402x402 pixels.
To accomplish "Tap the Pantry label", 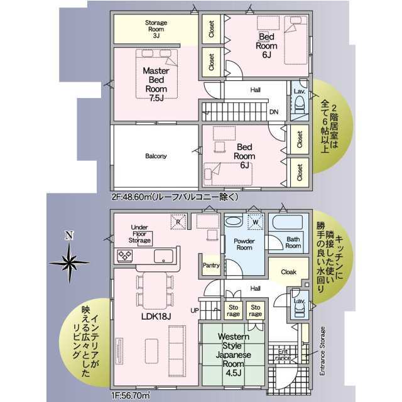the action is tap(211, 265).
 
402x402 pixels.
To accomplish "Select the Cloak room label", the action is tap(288, 272).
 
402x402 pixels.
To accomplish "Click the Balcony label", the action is tap(156, 156).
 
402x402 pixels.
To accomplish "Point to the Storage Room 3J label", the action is tap(156, 29).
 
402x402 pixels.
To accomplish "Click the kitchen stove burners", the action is tap(124, 256).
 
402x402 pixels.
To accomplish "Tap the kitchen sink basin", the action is tap(163, 256).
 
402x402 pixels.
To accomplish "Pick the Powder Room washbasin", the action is tap(233, 221).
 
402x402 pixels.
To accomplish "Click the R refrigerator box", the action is tap(178, 222).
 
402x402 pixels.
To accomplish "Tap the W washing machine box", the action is tap(256, 222).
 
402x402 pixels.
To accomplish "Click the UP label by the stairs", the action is tap(195, 310).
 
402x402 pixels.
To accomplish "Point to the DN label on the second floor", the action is tap(274, 112).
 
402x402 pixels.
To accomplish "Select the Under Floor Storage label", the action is tap(139, 234).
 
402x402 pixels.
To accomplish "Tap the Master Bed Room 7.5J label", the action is tap(156, 84).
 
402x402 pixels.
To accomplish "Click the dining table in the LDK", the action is tap(155, 290).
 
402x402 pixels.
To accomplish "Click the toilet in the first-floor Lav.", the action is tap(299, 310).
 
